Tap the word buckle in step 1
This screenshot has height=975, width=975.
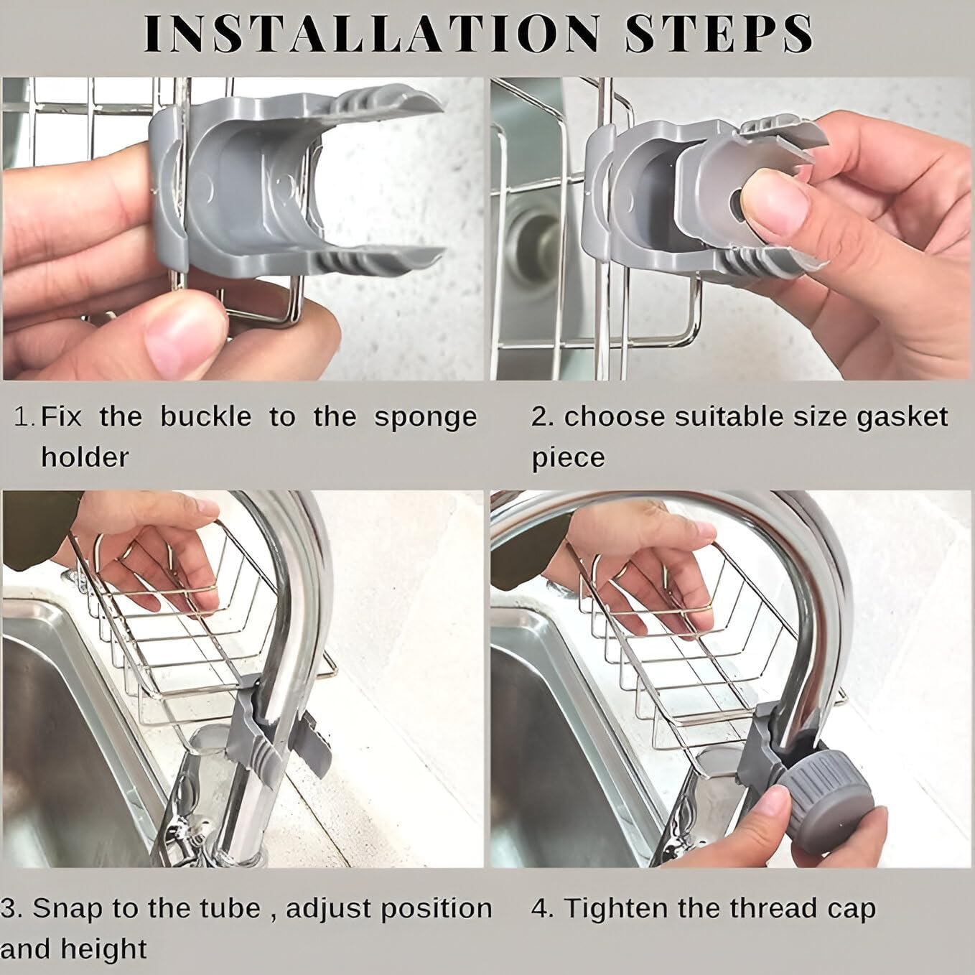click(205, 417)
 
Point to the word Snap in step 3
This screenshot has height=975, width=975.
click(70, 908)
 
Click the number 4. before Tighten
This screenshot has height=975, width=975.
click(543, 909)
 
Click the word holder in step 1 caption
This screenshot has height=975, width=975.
click(85, 457)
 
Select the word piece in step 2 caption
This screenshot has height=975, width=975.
click(568, 457)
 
